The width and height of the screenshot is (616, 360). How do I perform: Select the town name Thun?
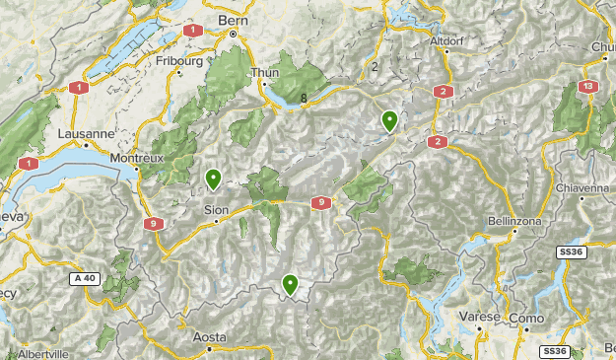pos(266,72)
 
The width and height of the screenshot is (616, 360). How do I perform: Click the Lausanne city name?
pos(88,133)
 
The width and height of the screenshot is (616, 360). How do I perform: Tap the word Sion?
pos(215,209)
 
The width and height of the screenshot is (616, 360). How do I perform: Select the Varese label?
pos(479,317)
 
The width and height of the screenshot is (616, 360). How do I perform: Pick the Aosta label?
pos(208,337)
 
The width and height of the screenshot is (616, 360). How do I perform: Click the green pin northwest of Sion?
pos(213,179)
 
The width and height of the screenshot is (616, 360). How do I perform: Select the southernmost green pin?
pos(290,284)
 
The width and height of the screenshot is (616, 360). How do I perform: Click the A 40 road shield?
pos(86,279)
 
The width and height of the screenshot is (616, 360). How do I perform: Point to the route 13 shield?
pos(588,88)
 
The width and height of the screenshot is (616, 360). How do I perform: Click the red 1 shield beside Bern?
pos(192,31)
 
